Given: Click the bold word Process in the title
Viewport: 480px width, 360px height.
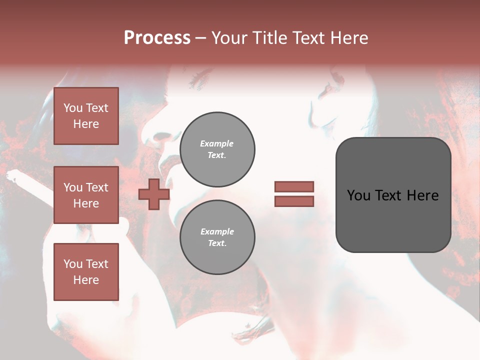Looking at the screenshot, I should coord(157,38).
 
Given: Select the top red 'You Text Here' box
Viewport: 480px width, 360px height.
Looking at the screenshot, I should coord(86,116).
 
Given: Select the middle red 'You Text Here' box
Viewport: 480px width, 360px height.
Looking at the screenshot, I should coord(86,195).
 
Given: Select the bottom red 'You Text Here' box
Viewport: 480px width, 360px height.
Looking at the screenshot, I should coord(86,271).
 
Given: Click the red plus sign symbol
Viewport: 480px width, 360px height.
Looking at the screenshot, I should coord(154,194).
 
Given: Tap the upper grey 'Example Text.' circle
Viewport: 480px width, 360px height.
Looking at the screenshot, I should coord(217,149).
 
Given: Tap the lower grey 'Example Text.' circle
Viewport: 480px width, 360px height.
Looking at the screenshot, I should coord(217,237).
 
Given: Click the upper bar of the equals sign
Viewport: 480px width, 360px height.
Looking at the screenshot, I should coord(294,186).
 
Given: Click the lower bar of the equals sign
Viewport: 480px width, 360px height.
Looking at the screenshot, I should coord(294,201).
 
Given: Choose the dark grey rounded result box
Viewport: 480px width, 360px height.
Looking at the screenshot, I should coord(393,195).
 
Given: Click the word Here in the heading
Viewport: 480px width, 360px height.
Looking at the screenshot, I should coord(348,38).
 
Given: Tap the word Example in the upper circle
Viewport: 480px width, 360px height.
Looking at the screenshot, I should coord(217,143).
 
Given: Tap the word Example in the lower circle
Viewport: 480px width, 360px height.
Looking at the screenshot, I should coord(217,231).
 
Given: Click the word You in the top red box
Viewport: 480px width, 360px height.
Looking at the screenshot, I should coord(73,108).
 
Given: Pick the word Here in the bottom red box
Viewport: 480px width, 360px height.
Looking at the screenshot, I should coord(86,280).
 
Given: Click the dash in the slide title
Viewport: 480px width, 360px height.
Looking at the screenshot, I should coord(200,38).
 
